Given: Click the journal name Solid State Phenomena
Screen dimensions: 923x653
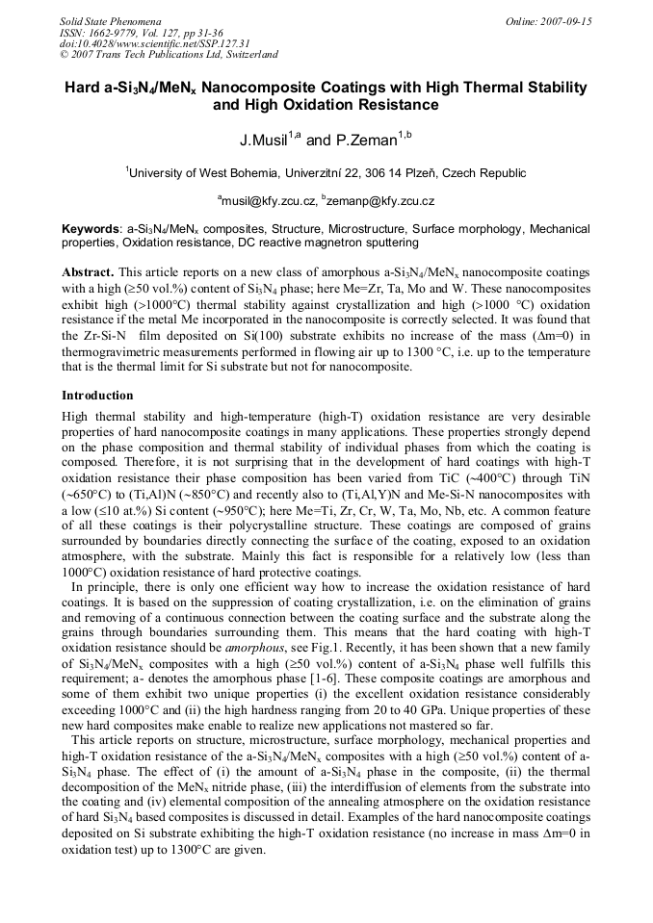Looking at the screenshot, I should pos(110,20).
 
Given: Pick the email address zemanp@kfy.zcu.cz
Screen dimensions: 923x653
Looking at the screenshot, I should pos(380,201).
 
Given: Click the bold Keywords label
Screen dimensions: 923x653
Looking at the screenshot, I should pos(91,230).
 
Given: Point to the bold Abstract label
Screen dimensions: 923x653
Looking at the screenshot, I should pos(88,272).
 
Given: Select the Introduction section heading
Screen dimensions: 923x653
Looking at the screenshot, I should pos(97,396).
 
